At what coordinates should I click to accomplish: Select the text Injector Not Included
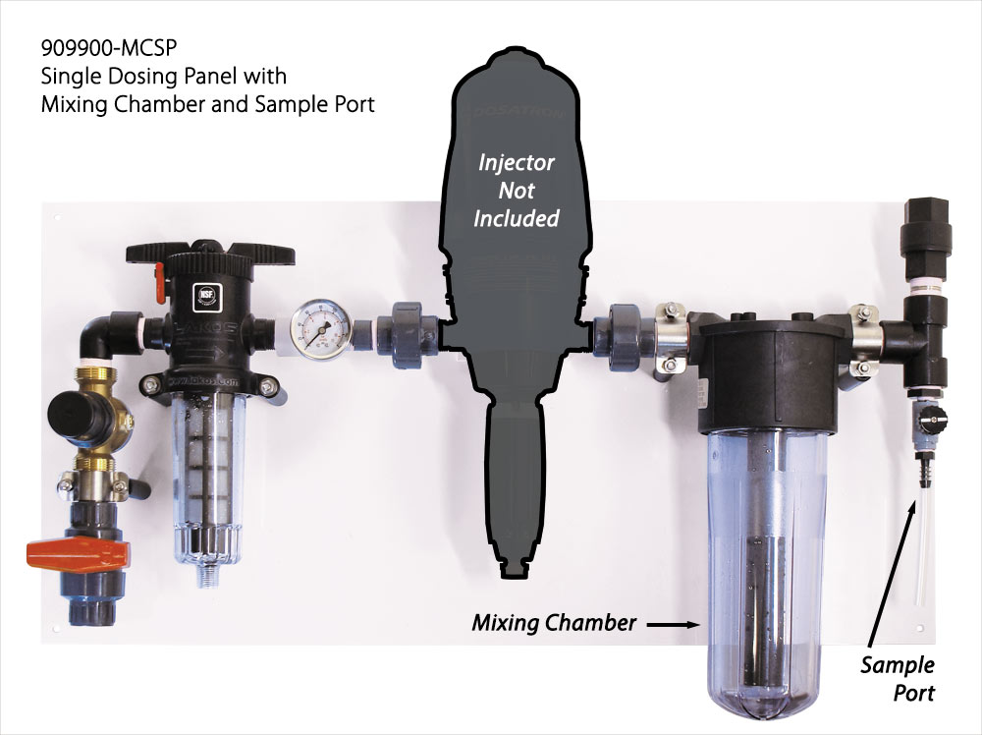coord(517,189)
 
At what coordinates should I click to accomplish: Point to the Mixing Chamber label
coord(554,623)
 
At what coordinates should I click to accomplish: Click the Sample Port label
coord(898,678)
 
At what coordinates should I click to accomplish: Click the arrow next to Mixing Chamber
coord(673,623)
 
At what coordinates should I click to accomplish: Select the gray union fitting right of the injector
coord(624,334)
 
